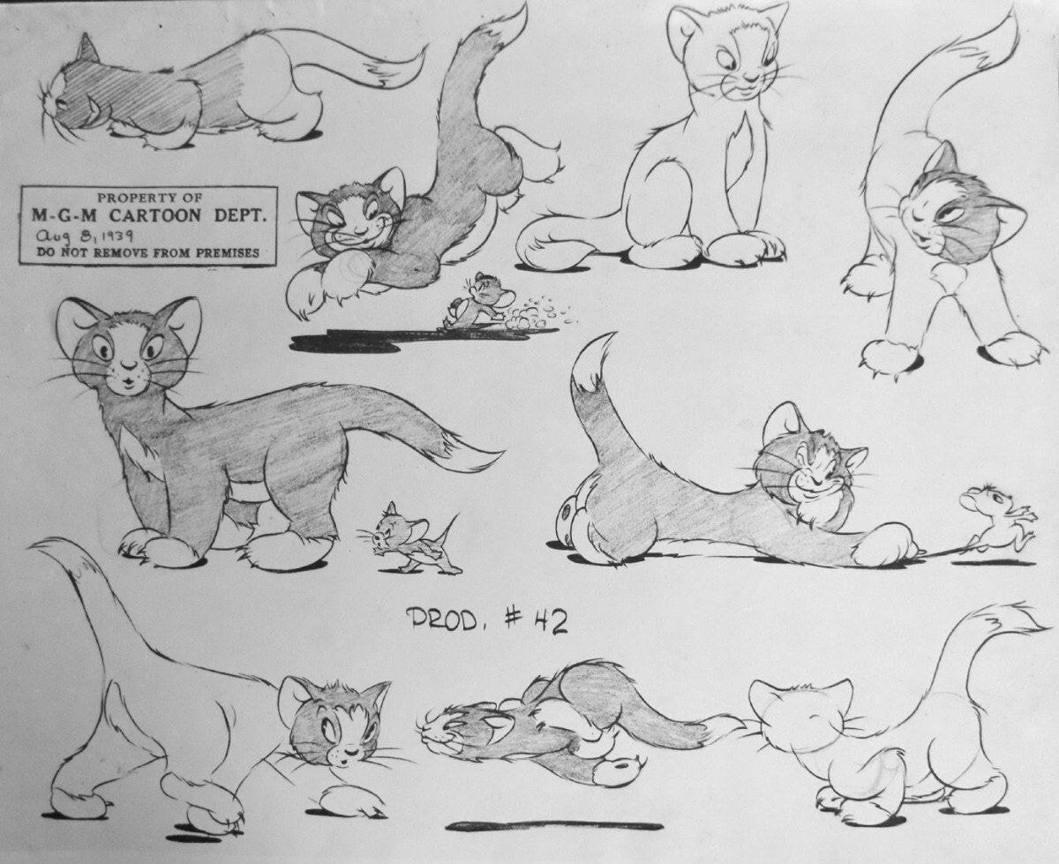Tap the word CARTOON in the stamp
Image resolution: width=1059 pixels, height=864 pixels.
(x=156, y=216)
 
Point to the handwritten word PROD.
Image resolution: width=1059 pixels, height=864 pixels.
(x=441, y=621)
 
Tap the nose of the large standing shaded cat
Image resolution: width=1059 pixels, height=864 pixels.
(x=128, y=365)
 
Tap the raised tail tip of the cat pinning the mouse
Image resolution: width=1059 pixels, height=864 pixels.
(x=595, y=351)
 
